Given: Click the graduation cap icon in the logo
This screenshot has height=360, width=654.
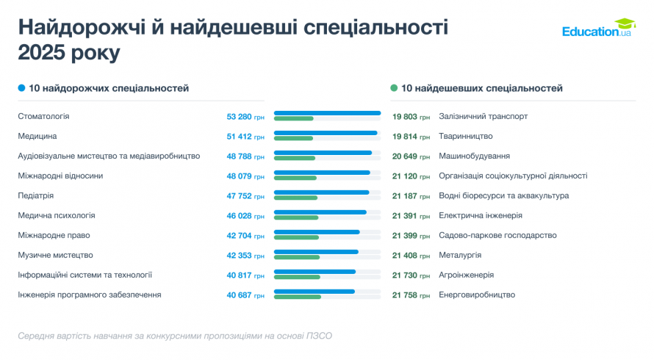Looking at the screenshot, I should coord(625,24).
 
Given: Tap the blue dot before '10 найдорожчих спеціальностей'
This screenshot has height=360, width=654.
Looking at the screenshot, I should coord(22,88).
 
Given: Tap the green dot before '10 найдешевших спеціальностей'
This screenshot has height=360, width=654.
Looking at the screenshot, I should coord(394,88).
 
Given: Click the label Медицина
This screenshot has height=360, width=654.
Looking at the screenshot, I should coord(37,136).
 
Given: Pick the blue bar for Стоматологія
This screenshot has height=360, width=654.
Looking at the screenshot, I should coord(327,113).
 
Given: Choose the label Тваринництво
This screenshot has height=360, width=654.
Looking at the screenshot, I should coord(465,136).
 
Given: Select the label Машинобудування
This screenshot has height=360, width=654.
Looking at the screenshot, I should coord(473,156).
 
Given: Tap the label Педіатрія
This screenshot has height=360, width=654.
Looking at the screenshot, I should coord(36,195).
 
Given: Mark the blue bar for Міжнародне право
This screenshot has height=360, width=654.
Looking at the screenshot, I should coord(317,232).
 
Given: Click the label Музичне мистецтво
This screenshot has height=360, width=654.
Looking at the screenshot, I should coord(55,255).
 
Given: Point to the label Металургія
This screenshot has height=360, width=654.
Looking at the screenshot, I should coord(460,255).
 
